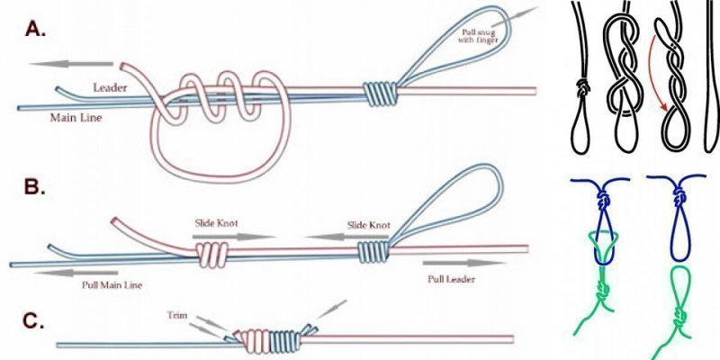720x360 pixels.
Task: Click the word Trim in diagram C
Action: point(176,315)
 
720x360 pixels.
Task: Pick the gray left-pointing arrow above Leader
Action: point(71,65)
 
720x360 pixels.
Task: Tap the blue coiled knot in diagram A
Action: point(379,91)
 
